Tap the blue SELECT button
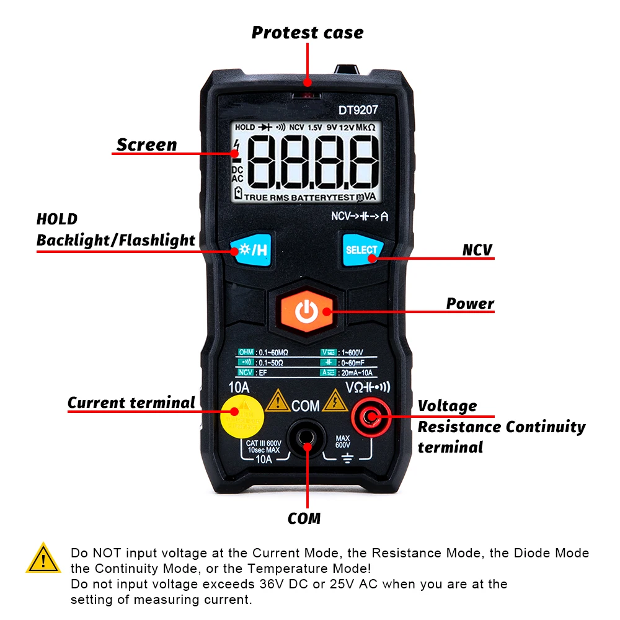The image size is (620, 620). coord(361,249)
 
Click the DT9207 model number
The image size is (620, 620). coord(358,110)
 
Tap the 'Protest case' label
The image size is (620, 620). coord(308,33)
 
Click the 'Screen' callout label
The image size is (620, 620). coord(147,145)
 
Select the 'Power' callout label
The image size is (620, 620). coord(470,304)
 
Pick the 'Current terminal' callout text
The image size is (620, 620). coord(131,403)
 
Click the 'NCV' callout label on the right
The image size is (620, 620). coord(477,250)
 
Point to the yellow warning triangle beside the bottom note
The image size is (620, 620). coord(43,559)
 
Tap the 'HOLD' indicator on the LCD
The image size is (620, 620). coord(245,127)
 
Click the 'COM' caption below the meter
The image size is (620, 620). coord(304,518)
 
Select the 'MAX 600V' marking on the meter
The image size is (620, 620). coord(343,441)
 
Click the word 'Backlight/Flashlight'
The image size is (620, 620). coord(116,241)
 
